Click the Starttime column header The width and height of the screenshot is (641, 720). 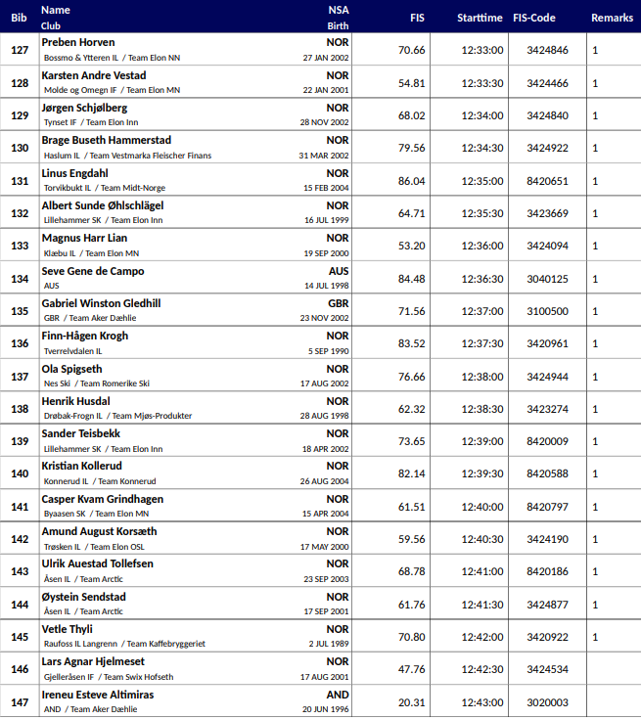480,18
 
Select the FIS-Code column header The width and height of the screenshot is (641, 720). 547,18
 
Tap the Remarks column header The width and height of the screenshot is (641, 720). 612,18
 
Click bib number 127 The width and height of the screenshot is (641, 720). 20,51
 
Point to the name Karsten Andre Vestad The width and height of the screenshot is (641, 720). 94,75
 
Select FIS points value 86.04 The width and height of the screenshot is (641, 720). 412,181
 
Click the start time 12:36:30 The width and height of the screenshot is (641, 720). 482,279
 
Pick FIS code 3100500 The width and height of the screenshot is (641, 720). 547,311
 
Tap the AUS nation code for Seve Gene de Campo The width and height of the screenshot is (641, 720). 338,271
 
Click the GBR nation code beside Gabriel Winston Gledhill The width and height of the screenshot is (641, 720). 338,303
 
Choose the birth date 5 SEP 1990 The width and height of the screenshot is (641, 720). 327,350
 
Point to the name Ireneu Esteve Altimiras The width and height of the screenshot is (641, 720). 98,695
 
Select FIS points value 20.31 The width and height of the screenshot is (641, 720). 412,702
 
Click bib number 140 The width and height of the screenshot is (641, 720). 20,474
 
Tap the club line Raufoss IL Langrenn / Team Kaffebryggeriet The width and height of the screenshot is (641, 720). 124,644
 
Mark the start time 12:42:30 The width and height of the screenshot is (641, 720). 482,670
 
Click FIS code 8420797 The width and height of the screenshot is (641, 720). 547,507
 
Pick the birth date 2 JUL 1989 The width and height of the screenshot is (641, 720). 328,644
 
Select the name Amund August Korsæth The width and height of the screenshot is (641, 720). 99,531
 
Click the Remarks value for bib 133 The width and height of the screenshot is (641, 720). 595,247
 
